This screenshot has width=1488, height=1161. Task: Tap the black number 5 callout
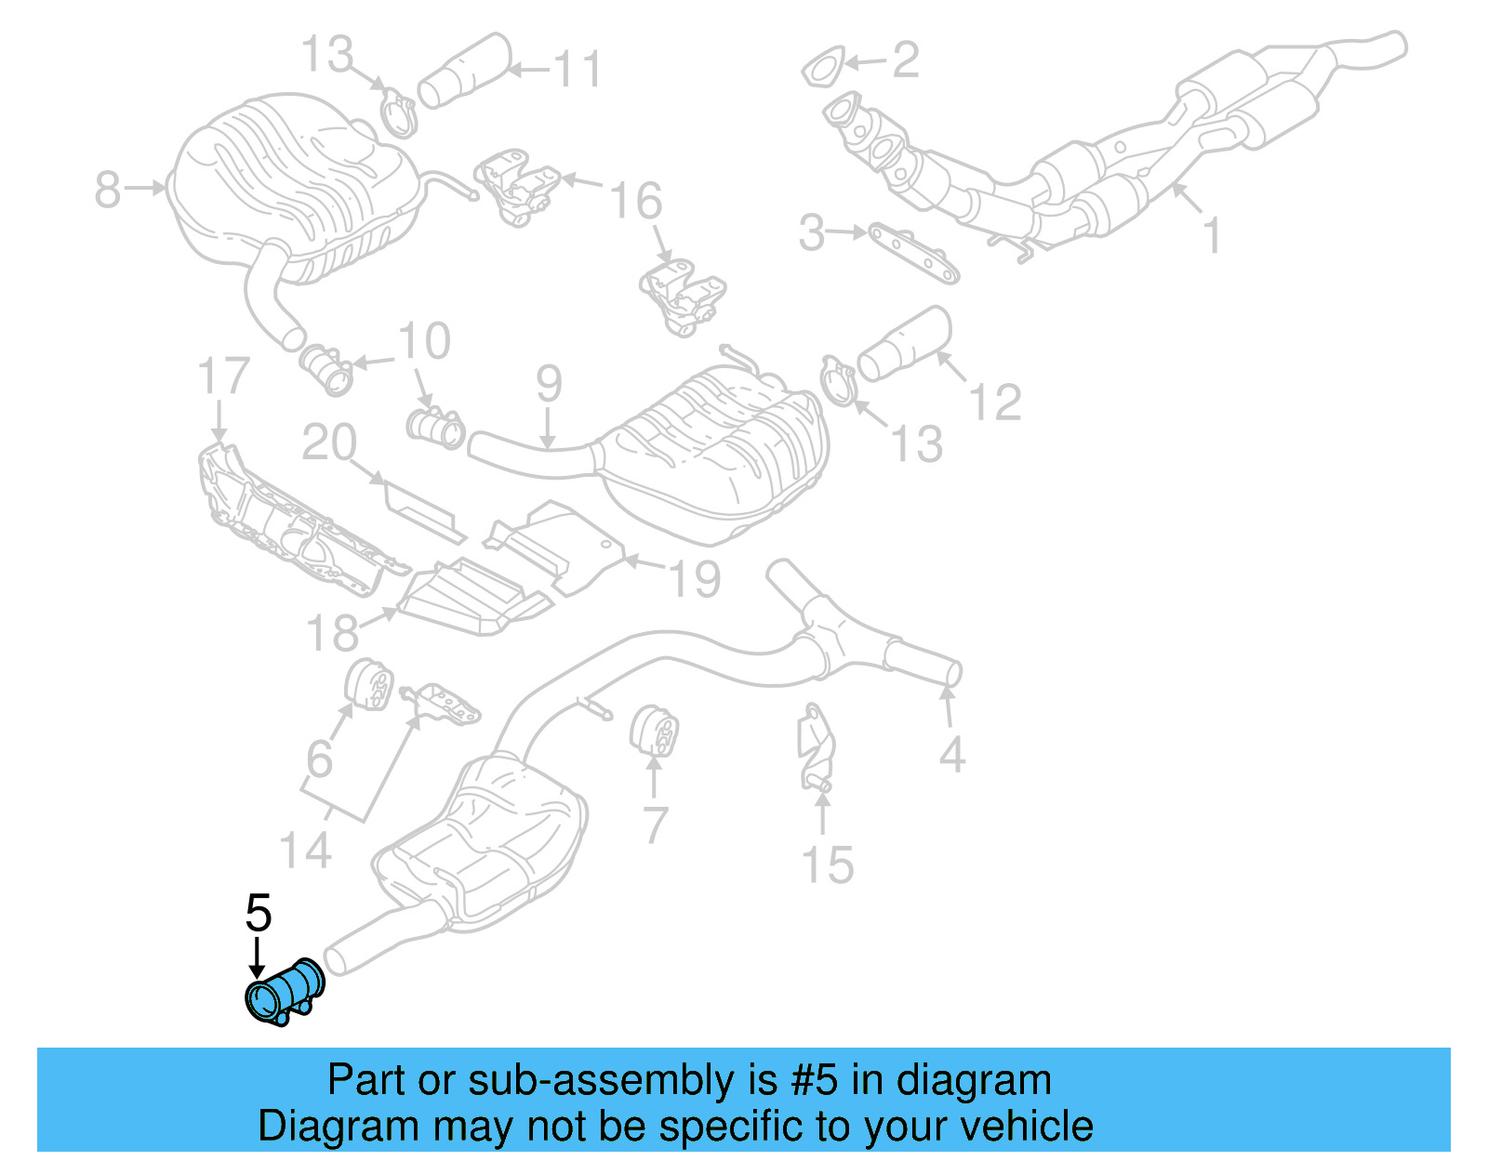[259, 914]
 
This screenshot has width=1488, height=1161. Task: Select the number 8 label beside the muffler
[108, 191]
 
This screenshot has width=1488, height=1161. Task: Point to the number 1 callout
[1211, 235]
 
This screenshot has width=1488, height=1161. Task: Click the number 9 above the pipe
[549, 384]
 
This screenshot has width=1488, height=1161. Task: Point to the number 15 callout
[827, 865]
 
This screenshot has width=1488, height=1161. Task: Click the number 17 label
[223, 376]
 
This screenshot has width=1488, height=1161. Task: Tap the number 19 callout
[695, 579]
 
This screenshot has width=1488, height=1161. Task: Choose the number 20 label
[329, 442]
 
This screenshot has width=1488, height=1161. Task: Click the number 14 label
[305, 851]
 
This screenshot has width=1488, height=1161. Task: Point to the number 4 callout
[951, 754]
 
